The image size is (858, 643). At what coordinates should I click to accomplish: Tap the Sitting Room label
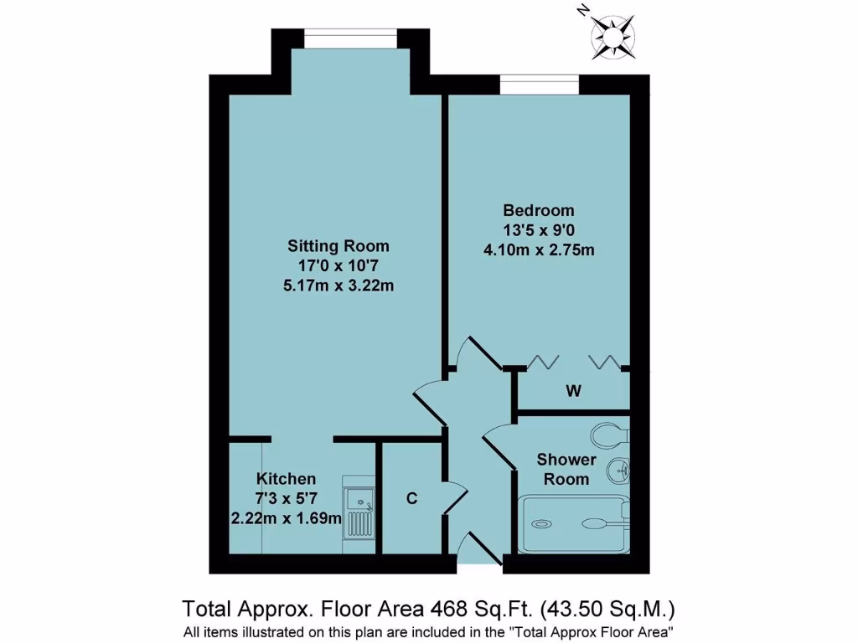pos(339,246)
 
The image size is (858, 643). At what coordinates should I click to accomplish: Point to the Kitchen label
pos(287,479)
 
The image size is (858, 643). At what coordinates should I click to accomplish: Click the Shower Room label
pos(566,469)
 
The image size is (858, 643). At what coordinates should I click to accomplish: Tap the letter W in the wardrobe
pos(574,391)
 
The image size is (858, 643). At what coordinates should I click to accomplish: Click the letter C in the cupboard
pos(411,498)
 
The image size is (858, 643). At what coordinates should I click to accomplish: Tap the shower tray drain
pos(541,524)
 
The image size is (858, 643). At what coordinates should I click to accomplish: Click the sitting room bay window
pos(349,39)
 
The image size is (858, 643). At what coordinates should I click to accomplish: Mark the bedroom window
pos(539,85)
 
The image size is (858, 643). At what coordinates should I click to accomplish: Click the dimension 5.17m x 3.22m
pos(339,285)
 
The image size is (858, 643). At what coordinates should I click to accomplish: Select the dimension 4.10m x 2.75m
pos(539,249)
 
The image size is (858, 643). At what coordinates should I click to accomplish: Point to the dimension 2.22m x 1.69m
pos(287,518)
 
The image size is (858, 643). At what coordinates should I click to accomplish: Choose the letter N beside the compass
pos(583,12)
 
